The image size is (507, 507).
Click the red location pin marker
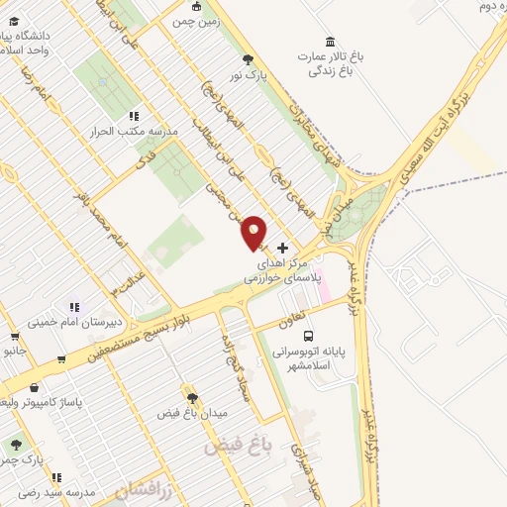coord(254,232)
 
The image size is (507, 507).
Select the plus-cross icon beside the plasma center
coord(284,248)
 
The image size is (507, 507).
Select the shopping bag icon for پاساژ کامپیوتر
coord(38,388)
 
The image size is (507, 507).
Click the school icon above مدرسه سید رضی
coord(56,476)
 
